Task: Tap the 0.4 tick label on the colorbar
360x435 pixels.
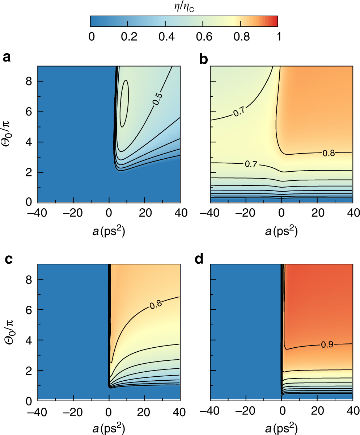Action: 165,37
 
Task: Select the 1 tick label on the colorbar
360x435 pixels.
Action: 278,37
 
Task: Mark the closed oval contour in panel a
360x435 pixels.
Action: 124,103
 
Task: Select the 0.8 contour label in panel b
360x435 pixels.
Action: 329,153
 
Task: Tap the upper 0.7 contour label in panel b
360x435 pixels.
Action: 240,113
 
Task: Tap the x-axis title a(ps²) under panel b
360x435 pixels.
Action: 281,232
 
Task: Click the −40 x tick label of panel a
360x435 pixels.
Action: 38,213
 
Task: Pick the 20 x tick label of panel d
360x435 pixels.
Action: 317,411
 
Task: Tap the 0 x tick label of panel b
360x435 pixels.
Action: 281,213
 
